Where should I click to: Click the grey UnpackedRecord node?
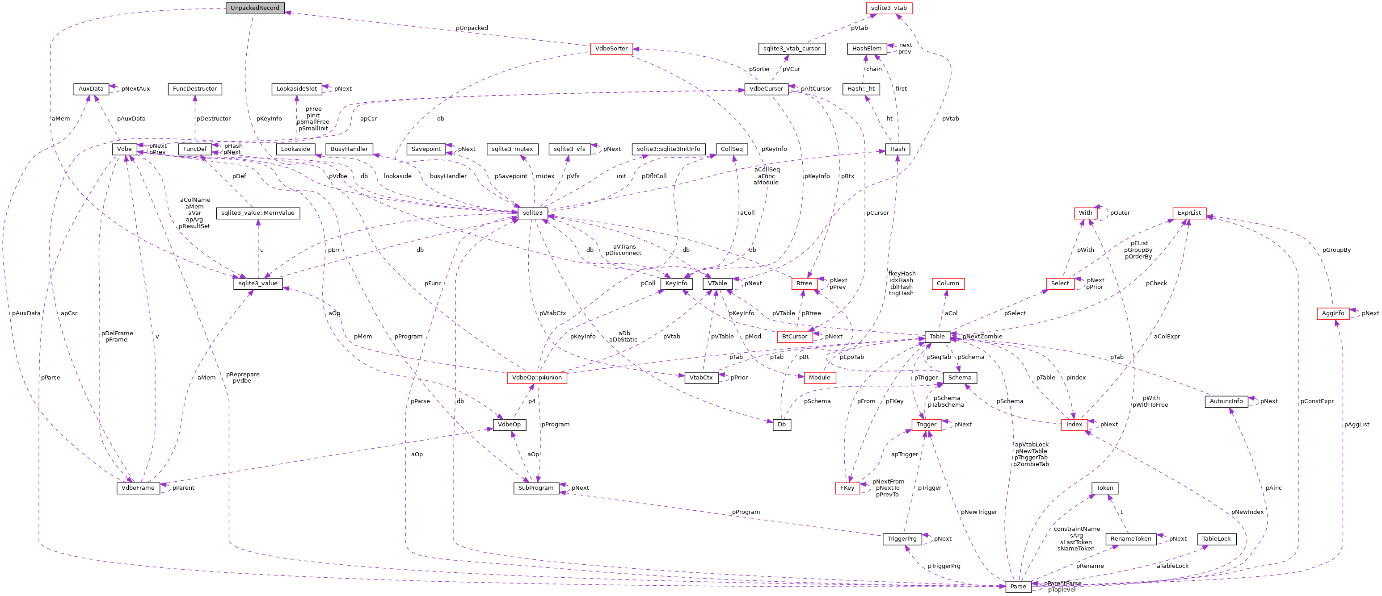[255, 8]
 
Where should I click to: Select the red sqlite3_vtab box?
[889, 8]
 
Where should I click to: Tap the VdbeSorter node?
[611, 48]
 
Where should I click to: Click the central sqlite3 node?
[533, 213]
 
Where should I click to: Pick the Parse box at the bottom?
[1018, 586]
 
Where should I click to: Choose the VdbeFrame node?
[138, 488]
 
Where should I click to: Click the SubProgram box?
[536, 488]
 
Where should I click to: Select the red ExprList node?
[1189, 213]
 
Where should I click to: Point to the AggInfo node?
[1333, 313]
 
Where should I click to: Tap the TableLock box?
[1216, 539]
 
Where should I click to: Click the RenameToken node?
[1130, 539]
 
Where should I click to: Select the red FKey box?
[847, 488]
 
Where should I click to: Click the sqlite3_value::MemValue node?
[257, 213]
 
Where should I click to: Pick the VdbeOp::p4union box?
[536, 377]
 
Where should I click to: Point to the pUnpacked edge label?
[472, 28]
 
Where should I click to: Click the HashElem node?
[867, 48]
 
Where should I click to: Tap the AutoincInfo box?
[1226, 401]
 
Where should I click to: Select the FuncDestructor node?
[195, 89]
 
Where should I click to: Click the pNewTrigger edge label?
[978, 512]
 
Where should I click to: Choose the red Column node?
[948, 283]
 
